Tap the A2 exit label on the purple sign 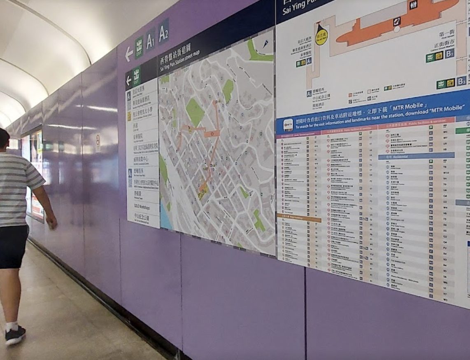(x=163, y=32)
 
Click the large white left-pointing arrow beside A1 (x=129, y=54)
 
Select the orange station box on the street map (x=212, y=133)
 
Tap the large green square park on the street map (x=195, y=112)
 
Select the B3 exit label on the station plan (x=461, y=81)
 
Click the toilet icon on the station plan (x=413, y=5)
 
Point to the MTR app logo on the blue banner (x=288, y=125)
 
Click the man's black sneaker (x=15, y=335)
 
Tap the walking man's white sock (x=12, y=326)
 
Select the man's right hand (x=52, y=222)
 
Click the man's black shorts (x=13, y=246)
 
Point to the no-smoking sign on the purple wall (x=98, y=138)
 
